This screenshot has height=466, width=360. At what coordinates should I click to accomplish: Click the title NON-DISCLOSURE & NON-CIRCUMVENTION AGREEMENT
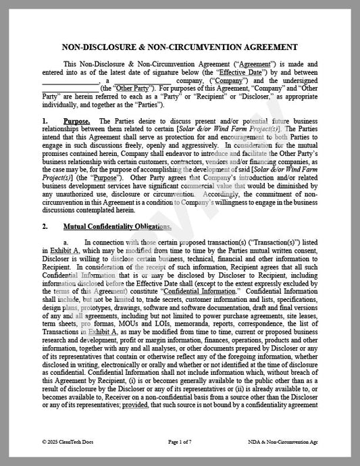point(180,47)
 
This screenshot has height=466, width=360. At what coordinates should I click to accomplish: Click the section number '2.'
point(45,226)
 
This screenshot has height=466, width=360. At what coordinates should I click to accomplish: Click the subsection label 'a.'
point(66,242)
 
